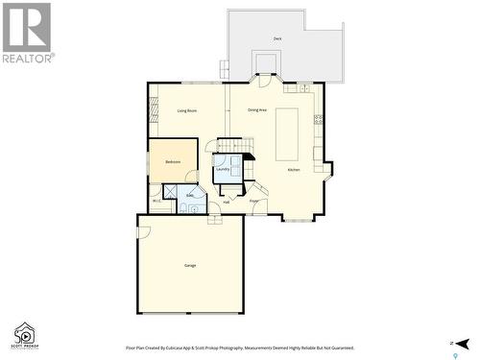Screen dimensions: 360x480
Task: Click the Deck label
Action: (x=277, y=38)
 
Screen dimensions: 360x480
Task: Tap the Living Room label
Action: (x=187, y=111)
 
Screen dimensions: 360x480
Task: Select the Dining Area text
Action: (x=257, y=110)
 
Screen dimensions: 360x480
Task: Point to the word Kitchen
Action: (x=294, y=170)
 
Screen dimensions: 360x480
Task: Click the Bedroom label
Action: (x=173, y=161)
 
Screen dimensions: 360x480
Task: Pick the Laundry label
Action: (x=223, y=169)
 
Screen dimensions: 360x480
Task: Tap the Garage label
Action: (x=190, y=264)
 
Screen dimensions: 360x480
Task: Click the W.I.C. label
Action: (x=156, y=201)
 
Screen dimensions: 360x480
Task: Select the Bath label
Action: (x=189, y=195)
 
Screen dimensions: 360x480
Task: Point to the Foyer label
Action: (x=254, y=201)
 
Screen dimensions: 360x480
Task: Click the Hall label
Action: (x=227, y=202)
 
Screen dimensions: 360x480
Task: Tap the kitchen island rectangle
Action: (x=287, y=133)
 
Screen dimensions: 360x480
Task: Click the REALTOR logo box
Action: (x=27, y=32)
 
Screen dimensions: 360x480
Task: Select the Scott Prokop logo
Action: (x=23, y=334)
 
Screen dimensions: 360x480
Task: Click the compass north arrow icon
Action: (x=462, y=343)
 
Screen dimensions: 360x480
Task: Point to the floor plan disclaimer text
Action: (x=240, y=348)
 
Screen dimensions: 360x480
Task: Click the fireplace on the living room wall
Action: (x=151, y=112)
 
